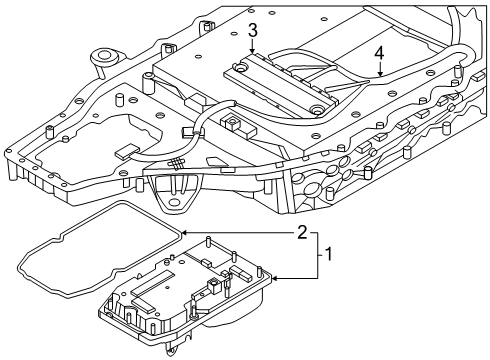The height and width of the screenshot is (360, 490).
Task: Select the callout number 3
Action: point(253,30)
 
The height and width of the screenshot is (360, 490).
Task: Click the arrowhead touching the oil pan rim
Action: point(273,278)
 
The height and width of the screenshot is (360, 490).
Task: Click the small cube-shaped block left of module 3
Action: point(234,125)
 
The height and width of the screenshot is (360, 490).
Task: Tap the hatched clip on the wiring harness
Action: point(177,163)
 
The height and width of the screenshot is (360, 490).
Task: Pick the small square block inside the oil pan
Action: point(214,290)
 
